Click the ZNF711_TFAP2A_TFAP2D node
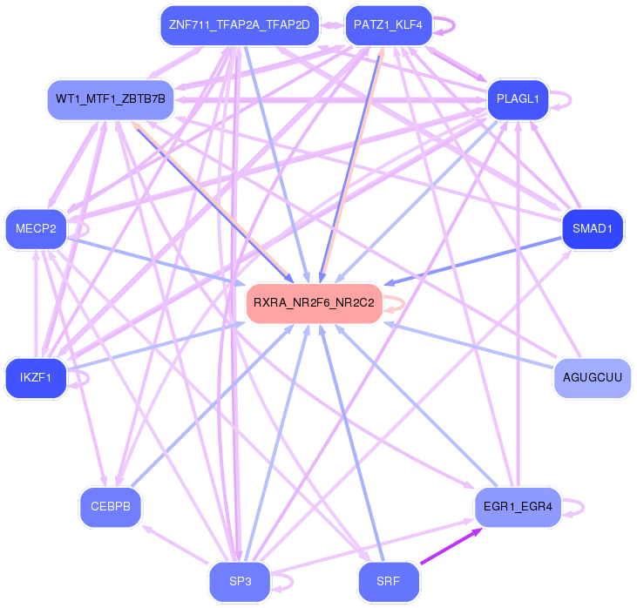coord(239,24)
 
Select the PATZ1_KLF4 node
coord(388,24)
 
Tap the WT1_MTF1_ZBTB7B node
coord(110,98)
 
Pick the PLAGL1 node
coord(518,98)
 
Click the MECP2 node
coord(36,229)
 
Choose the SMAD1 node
coord(593,229)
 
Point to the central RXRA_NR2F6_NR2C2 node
coord(314,303)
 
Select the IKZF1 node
coord(36,378)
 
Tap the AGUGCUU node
coord(593,378)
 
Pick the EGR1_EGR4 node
coord(518,506)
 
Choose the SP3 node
coord(240,581)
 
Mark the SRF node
coord(389,581)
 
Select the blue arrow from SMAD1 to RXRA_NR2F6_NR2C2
coord(475,264)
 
